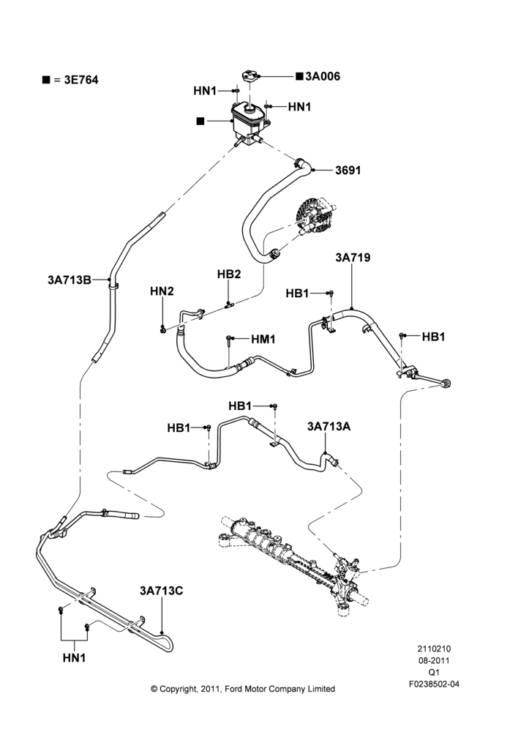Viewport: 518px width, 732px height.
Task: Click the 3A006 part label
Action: click(x=323, y=76)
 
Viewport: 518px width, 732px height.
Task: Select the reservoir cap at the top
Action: click(x=250, y=76)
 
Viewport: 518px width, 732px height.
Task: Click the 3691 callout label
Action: click(x=348, y=171)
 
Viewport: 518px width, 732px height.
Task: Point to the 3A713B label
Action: click(x=70, y=280)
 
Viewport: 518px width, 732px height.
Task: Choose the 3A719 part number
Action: click(x=353, y=257)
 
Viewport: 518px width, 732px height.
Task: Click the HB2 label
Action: click(x=229, y=274)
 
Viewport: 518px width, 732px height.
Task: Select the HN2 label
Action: click(x=162, y=291)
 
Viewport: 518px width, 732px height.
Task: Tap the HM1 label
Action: click(x=263, y=340)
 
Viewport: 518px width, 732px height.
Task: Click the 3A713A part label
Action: click(x=329, y=426)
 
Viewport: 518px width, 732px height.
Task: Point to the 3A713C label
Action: click(x=162, y=591)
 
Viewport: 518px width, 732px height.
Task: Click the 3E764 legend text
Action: click(x=81, y=80)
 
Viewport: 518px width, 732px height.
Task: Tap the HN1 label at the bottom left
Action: click(x=74, y=658)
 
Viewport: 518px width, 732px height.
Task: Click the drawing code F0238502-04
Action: click(x=434, y=684)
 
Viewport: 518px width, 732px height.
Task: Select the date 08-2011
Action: click(x=434, y=660)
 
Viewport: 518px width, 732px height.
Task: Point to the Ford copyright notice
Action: click(x=243, y=689)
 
